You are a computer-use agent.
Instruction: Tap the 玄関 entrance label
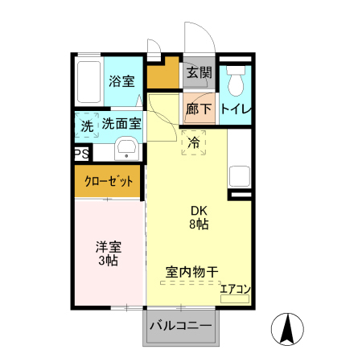click(199, 73)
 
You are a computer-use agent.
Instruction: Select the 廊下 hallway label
click(199, 109)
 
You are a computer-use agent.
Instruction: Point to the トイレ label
click(236, 109)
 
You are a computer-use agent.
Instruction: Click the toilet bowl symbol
click(236, 82)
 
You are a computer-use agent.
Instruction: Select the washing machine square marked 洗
click(87, 126)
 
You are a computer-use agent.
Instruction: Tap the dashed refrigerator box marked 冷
click(194, 143)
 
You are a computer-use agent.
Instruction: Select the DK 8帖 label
click(199, 217)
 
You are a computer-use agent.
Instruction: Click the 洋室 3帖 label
click(108, 254)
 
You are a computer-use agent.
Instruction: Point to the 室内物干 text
click(192, 272)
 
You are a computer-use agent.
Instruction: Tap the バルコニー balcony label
click(180, 328)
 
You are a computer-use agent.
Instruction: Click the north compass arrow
click(290, 328)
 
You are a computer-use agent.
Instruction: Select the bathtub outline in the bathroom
click(88, 80)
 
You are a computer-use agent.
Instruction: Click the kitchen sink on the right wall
click(240, 175)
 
